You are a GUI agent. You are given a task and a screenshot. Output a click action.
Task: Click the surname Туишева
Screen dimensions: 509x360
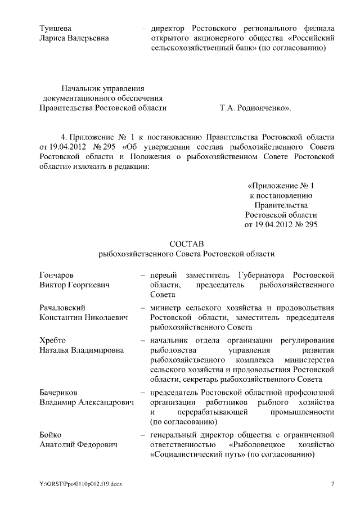[x=56, y=28]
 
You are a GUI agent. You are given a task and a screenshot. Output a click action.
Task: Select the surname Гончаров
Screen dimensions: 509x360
[x=56, y=275]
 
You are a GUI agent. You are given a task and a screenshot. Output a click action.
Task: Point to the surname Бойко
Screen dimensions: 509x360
[x=50, y=435]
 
